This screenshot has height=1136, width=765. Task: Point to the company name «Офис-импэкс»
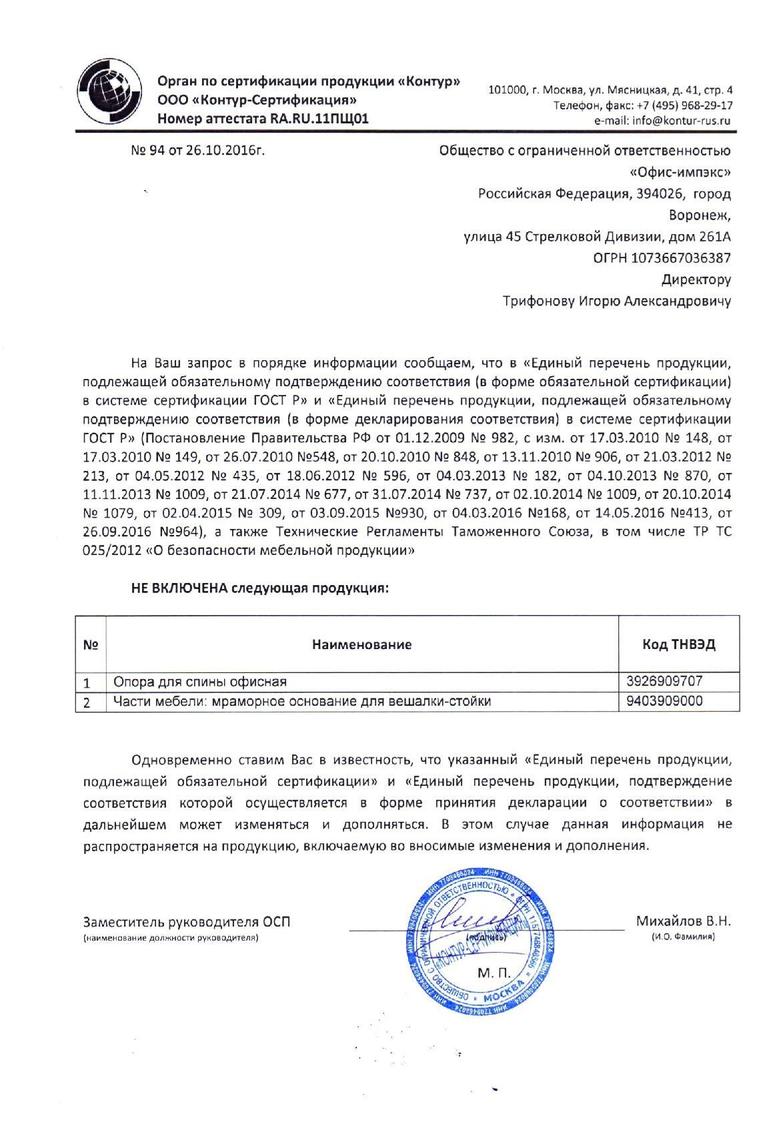point(680,173)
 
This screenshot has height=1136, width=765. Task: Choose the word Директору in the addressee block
point(696,279)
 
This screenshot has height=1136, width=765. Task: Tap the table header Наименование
point(361,644)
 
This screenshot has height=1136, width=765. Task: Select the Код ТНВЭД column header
point(679,644)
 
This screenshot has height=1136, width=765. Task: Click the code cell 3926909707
point(664,682)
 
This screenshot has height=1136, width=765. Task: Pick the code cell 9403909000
point(664,701)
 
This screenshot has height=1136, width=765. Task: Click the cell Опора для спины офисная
point(200,682)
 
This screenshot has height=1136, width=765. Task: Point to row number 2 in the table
point(87,702)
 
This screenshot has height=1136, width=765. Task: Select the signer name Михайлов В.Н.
point(683,922)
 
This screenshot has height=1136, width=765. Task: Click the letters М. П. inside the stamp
point(492,973)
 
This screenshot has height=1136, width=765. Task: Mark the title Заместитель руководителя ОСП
point(187,923)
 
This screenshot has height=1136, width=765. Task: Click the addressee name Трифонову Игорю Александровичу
point(616,302)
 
